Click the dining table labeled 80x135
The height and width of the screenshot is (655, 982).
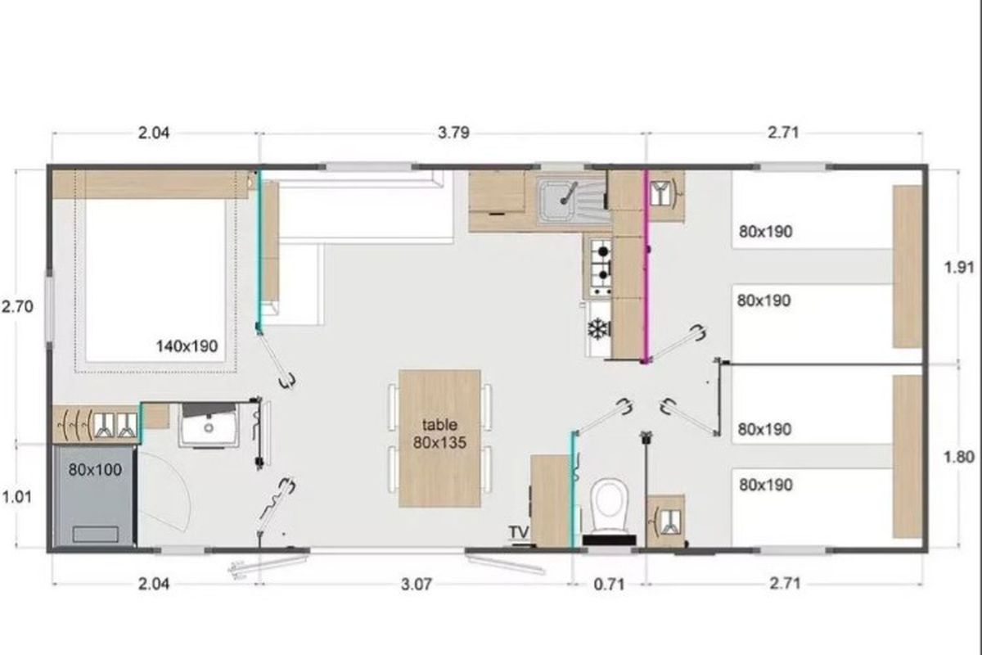[x=439, y=438]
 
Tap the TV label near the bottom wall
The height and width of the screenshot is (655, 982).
[x=519, y=532]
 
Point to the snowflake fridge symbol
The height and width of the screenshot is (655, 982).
[x=598, y=328]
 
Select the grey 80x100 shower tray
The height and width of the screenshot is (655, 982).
[x=93, y=496]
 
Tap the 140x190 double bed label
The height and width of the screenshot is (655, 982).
[x=187, y=346]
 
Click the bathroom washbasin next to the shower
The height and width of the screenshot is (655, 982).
[x=209, y=425]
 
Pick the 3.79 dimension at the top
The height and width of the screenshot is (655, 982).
[x=453, y=133]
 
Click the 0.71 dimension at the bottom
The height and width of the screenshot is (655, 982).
[x=609, y=585]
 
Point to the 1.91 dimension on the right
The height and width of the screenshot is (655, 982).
[x=959, y=267]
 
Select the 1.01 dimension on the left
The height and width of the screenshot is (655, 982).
[x=16, y=497]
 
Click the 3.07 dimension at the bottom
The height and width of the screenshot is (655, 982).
[x=417, y=585]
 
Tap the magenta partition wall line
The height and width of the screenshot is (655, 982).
[x=646, y=267]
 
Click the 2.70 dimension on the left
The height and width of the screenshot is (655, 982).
[x=17, y=307]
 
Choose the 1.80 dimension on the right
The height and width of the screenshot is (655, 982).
[x=959, y=457]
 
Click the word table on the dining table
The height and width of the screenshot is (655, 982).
[x=439, y=425]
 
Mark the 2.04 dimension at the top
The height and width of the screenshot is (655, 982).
[x=154, y=133]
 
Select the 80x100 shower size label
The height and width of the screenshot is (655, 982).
[x=95, y=470]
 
